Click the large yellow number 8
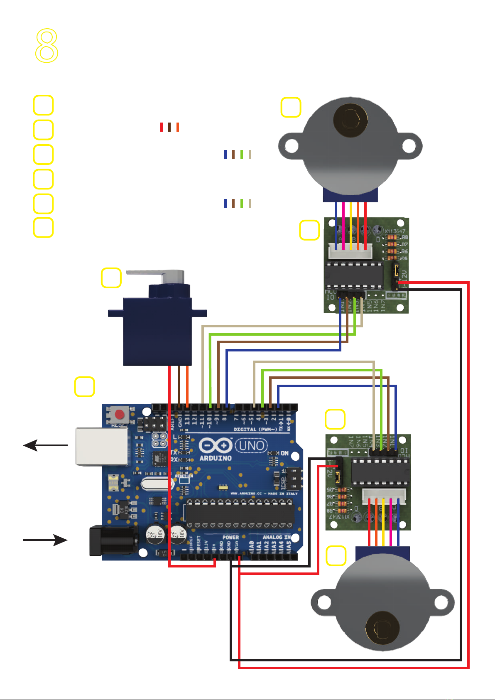click(47, 46)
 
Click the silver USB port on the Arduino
click(101, 447)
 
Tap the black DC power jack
click(113, 540)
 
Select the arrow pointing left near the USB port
click(45, 446)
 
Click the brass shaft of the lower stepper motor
click(382, 627)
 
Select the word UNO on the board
click(252, 446)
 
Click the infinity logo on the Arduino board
click(216, 446)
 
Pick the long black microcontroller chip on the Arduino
click(239, 513)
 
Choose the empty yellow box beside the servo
click(111, 278)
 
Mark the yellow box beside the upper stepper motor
click(291, 107)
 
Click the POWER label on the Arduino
click(230, 538)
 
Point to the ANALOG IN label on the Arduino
click(277, 538)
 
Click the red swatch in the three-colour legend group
click(162, 127)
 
